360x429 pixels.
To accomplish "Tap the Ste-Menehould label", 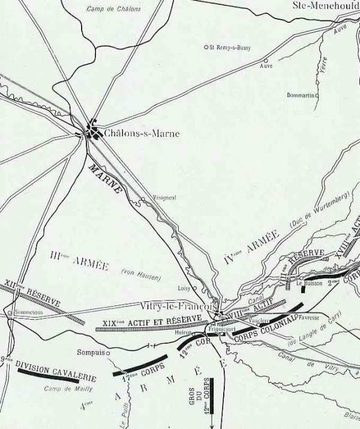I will click(x=326, y=5).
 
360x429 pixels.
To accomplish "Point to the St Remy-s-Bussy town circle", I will click(x=206, y=47).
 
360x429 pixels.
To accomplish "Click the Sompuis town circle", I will click(x=109, y=353).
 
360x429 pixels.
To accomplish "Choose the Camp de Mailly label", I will click(x=66, y=389).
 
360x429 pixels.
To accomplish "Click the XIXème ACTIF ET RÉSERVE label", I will click(x=151, y=325).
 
